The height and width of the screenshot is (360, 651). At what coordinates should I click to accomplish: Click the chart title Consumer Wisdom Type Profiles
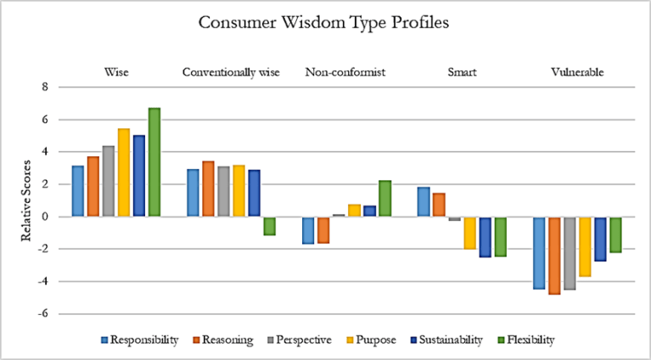325,22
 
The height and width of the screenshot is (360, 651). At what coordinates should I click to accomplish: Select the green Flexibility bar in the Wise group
154,162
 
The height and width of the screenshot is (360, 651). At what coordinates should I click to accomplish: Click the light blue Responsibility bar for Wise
78,191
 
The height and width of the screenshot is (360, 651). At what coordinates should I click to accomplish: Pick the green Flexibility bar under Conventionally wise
269,225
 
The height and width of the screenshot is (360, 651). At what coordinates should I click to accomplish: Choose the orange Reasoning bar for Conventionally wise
208,188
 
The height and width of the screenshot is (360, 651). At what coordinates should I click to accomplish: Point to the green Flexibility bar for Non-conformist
384,199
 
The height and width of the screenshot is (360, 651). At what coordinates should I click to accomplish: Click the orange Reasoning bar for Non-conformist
323,229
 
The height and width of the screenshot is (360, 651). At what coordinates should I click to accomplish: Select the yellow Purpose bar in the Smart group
469,233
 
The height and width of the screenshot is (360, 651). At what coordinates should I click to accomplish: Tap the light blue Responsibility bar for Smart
424,202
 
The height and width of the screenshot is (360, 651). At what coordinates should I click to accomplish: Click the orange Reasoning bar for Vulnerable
553,256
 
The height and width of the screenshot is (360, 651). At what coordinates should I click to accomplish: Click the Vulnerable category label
577,72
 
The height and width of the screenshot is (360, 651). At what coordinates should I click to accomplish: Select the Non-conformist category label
345,72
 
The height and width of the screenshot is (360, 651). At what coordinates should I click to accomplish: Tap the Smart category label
462,72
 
